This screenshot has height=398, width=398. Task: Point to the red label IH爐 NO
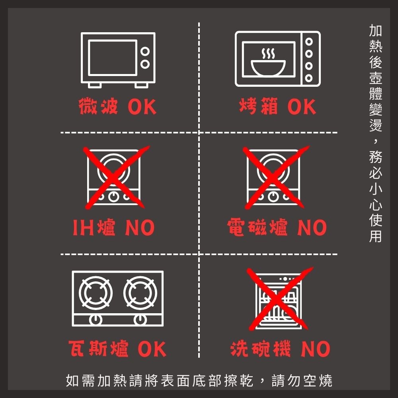click(113, 228)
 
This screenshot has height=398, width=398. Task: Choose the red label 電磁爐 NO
click(277, 228)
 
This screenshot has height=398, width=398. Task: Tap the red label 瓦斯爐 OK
click(117, 349)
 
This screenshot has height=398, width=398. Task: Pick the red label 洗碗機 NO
click(280, 349)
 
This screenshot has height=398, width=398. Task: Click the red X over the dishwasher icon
click(278, 298)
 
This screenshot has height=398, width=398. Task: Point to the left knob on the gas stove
click(95, 319)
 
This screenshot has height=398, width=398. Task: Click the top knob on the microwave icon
click(145, 51)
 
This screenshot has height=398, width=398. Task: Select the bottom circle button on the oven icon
click(308, 77)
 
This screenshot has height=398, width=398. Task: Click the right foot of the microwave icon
click(141, 85)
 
